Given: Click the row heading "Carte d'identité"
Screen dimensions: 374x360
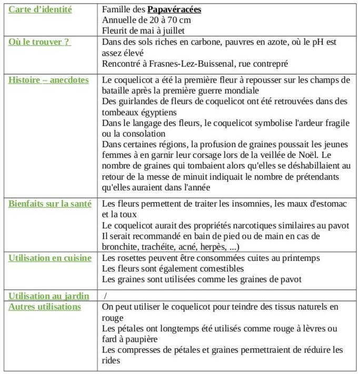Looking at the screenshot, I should pos(41,9).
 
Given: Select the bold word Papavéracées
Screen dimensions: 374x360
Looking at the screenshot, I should pos(174,9).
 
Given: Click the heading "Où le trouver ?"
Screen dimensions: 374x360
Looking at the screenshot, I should pos(40,42).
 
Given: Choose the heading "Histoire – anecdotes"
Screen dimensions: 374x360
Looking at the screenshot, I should pos(48,80).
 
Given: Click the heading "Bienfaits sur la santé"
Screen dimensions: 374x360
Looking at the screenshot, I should pos(49,204).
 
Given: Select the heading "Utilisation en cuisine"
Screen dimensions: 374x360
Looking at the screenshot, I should pos(49,258).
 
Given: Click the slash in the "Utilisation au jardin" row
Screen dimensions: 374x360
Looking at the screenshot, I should pos(105,296).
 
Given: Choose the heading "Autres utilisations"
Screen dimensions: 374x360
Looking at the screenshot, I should pos(45,307).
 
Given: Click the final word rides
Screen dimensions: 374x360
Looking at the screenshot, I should pos(111,360).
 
